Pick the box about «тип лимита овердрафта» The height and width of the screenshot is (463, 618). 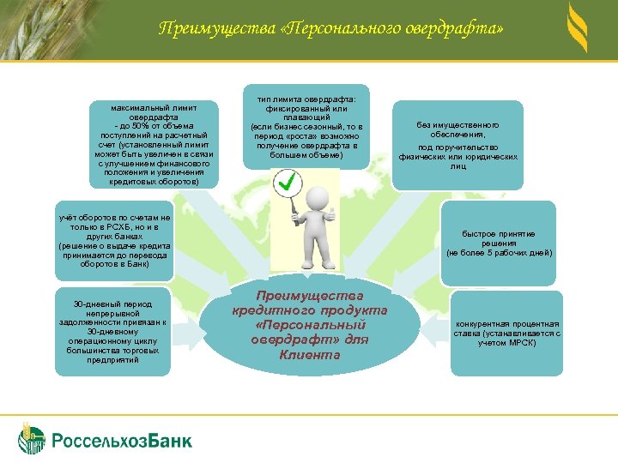[x=306, y=128]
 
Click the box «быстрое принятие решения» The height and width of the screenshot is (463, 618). [x=499, y=244]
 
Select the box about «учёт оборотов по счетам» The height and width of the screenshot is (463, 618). [x=114, y=241]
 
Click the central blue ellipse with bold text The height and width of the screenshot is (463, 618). [x=310, y=325]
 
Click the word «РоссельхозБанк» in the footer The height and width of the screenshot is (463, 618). [x=123, y=441]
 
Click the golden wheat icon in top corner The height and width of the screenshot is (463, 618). [x=577, y=29]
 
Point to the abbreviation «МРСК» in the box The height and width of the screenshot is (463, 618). [x=520, y=343]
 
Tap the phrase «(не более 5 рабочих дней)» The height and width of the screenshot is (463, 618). [x=499, y=253]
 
